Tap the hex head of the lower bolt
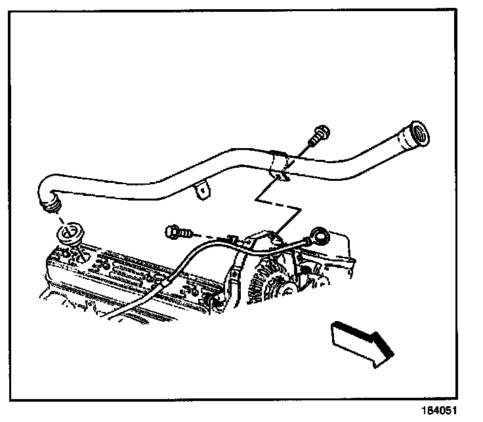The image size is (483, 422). click(173, 231)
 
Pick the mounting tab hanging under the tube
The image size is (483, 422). click(204, 191)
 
